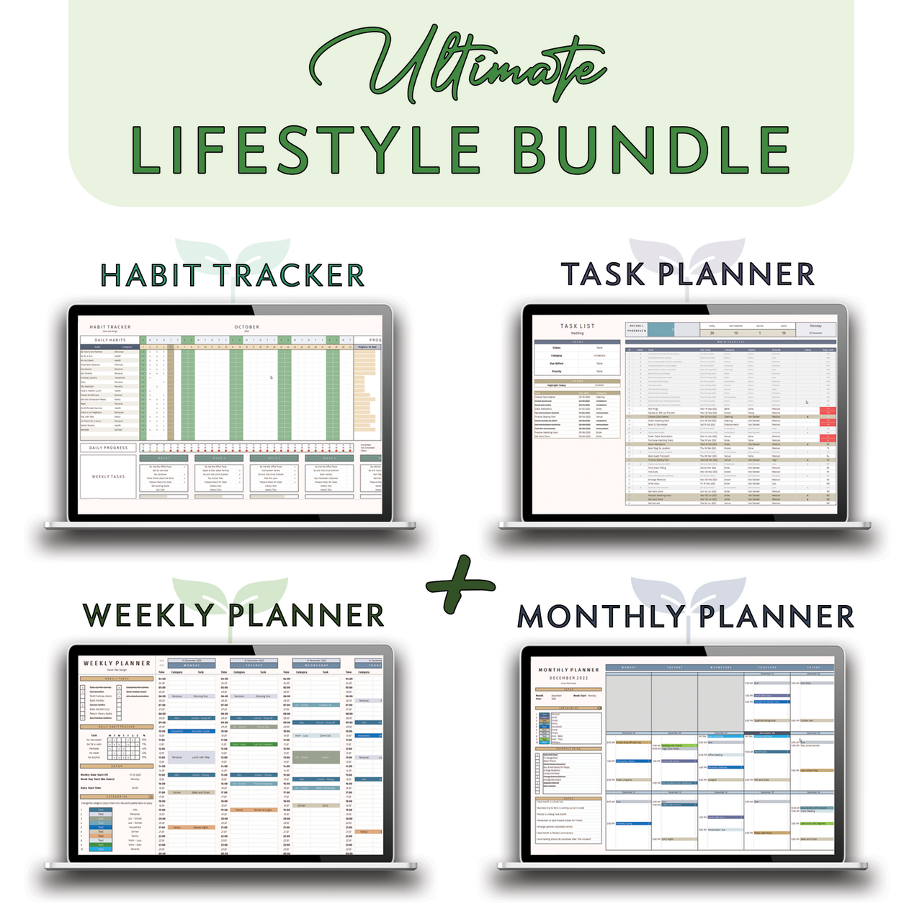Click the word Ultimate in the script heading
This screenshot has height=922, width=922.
pyautogui.click(x=461, y=68)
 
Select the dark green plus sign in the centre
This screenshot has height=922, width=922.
pyautogui.click(x=461, y=583)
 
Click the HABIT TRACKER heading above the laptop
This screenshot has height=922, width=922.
pyautogui.click(x=232, y=275)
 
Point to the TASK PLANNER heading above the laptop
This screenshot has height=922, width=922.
pyautogui.click(x=688, y=274)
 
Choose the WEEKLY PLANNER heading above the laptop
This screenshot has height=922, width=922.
pyautogui.click(x=234, y=616)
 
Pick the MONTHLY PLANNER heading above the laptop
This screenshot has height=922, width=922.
pyautogui.click(x=686, y=617)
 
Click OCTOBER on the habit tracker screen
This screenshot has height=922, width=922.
pyautogui.click(x=247, y=327)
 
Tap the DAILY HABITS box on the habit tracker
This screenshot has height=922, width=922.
pyautogui.click(x=110, y=340)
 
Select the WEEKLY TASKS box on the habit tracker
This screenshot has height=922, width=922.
pyautogui.click(x=108, y=477)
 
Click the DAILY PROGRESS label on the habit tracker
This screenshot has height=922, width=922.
pyautogui.click(x=109, y=448)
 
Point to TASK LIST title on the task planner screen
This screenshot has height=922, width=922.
pyautogui.click(x=578, y=326)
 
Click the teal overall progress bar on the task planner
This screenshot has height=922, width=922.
pyautogui.click(x=661, y=329)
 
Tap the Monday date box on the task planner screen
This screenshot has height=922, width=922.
pyautogui.click(x=815, y=329)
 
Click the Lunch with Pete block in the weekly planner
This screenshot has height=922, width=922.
pyautogui.click(x=200, y=758)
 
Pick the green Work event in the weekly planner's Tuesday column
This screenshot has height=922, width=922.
pyautogui.click(x=254, y=744)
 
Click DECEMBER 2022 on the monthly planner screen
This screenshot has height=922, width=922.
pyautogui.click(x=568, y=678)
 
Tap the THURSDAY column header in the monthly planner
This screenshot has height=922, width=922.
pyautogui.click(x=766, y=667)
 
